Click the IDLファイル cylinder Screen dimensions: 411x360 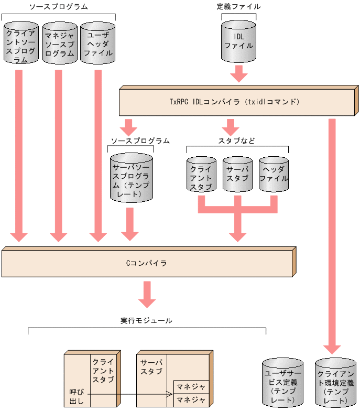click(x=239, y=41)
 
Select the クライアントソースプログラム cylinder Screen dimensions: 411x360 click(x=21, y=42)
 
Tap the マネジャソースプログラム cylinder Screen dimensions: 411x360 click(x=59, y=42)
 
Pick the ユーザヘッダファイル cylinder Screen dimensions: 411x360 click(x=98, y=42)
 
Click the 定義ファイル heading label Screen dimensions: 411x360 click(x=238, y=7)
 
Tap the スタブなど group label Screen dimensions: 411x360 click(x=237, y=140)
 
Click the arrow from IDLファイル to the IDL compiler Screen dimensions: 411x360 click(x=239, y=73)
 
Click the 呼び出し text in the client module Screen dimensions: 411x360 click(x=73, y=396)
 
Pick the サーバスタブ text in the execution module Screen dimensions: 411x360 click(x=151, y=366)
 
